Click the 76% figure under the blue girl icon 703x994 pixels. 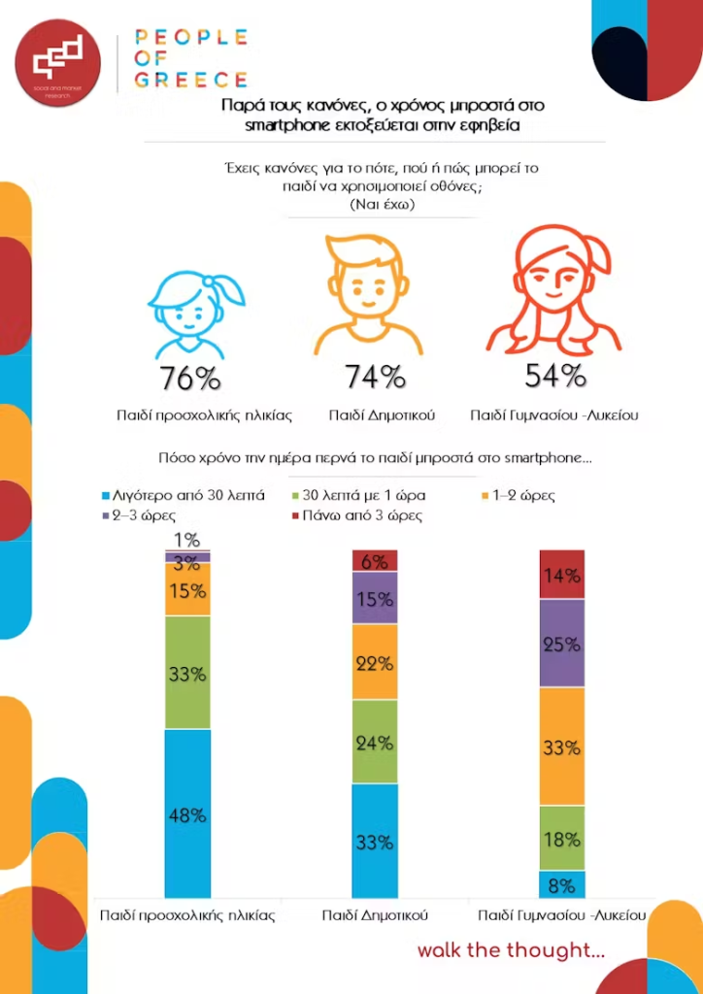(x=191, y=379)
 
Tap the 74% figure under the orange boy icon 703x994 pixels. (x=374, y=377)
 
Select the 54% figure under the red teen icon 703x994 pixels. (x=555, y=375)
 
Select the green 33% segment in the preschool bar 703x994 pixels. (x=187, y=672)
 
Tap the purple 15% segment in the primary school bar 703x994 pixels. (x=374, y=598)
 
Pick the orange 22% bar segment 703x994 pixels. (x=374, y=663)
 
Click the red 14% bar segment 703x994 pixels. (x=562, y=575)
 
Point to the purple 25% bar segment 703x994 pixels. (x=562, y=643)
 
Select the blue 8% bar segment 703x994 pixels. (x=562, y=884)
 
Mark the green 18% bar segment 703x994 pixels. (x=562, y=838)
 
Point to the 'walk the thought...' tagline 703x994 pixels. (x=511, y=949)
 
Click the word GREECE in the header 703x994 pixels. (x=191, y=80)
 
